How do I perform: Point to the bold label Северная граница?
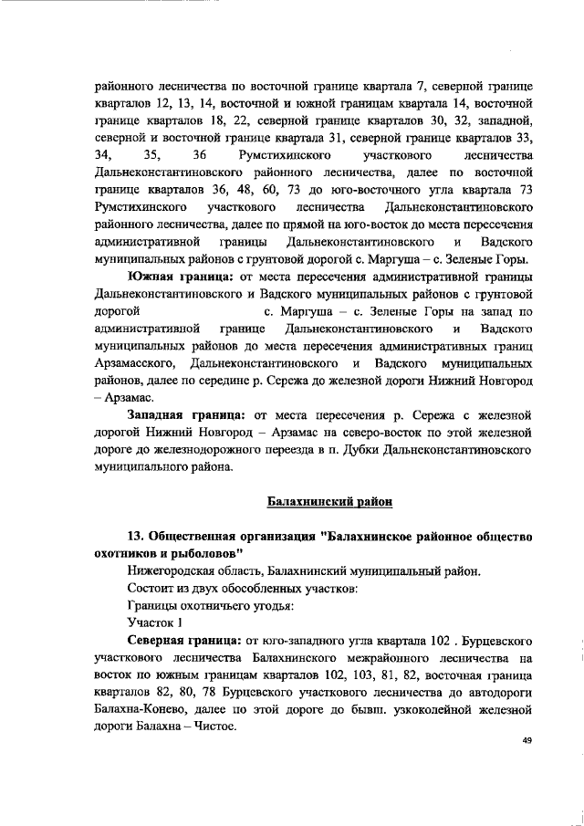click(x=183, y=639)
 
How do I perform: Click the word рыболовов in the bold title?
click(x=205, y=553)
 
